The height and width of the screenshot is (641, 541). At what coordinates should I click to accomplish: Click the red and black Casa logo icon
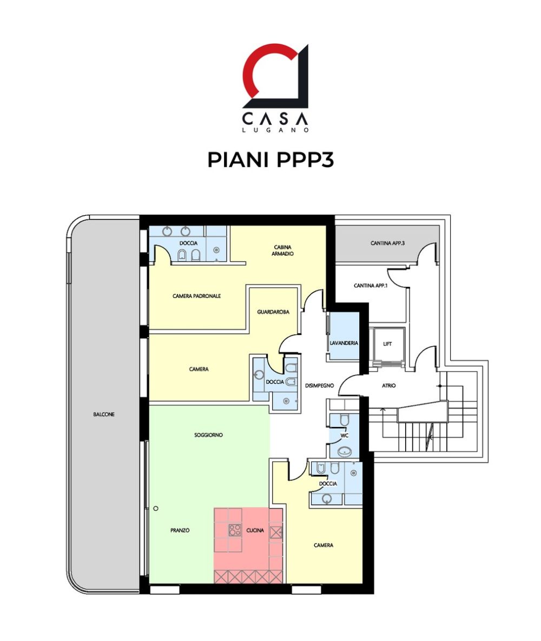[275, 76]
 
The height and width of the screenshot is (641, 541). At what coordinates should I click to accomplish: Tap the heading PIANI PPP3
[270, 160]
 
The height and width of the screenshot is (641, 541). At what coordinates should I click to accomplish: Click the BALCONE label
[104, 414]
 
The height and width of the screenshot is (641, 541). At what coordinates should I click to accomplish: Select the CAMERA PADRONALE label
[197, 296]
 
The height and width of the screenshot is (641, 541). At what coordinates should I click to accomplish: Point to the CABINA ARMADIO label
[282, 250]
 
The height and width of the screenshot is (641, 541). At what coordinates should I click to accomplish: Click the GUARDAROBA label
[273, 312]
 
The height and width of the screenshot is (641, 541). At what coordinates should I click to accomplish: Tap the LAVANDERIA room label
[344, 343]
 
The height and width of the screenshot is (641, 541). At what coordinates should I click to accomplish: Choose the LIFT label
[387, 344]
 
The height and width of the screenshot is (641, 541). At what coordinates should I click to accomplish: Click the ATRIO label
[389, 386]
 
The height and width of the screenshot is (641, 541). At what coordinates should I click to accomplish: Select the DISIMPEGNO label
[319, 386]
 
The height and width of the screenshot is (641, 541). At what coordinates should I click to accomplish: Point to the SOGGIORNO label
[208, 435]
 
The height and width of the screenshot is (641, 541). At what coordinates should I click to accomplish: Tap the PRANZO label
[180, 530]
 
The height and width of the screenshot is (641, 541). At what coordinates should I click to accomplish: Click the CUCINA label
[255, 530]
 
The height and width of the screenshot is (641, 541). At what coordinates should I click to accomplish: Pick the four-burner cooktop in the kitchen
[235, 530]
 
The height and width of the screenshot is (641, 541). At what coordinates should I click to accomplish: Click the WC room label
[345, 436]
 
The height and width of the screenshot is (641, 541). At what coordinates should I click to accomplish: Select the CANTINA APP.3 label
[388, 243]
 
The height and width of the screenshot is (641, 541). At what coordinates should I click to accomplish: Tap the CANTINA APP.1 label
[371, 286]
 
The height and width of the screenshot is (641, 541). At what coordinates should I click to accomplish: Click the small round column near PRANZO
[156, 508]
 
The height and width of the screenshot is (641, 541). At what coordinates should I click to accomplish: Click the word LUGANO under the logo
[275, 130]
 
